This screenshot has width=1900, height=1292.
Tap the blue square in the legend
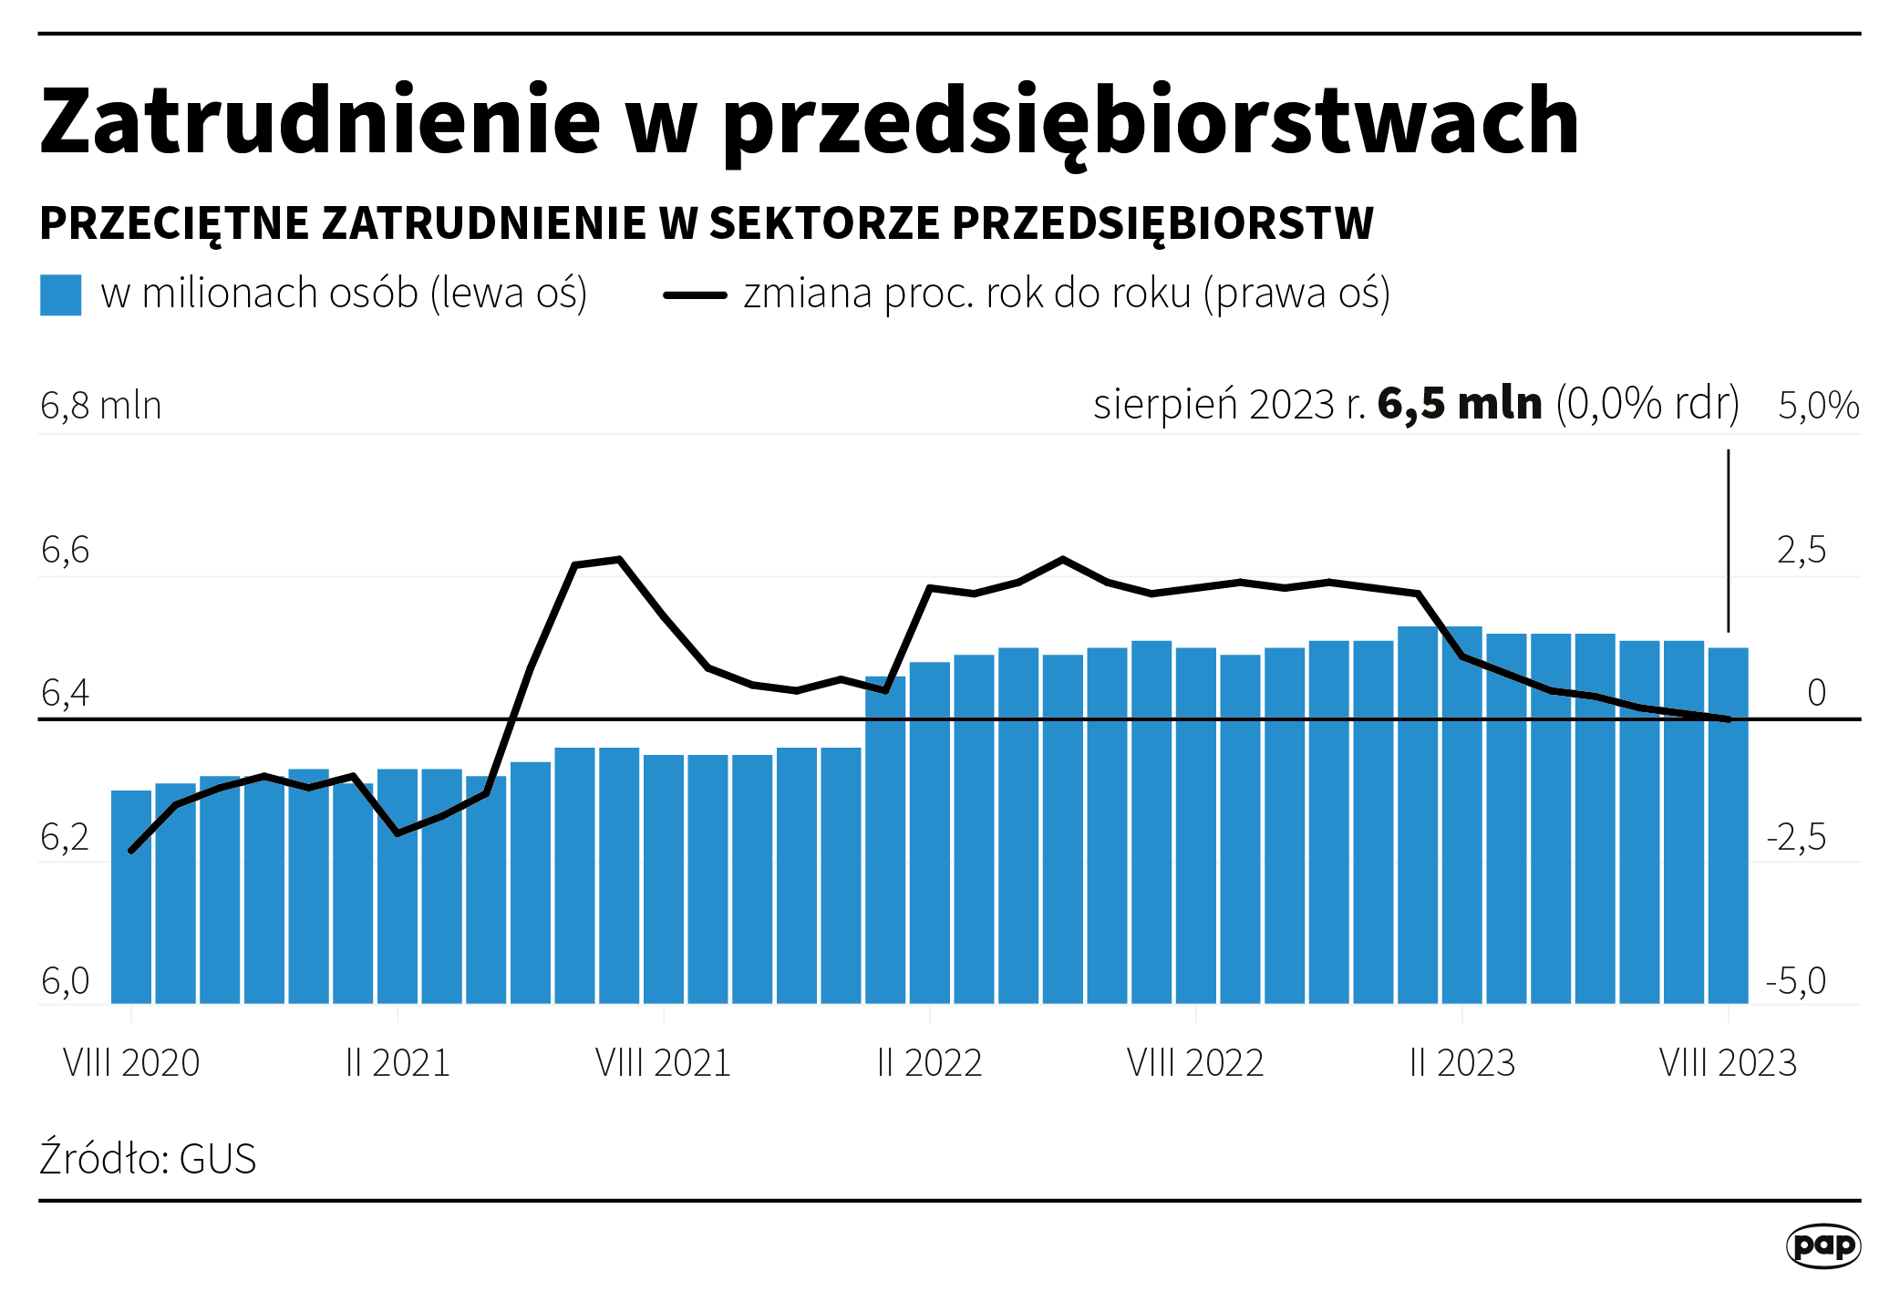tap(61, 295)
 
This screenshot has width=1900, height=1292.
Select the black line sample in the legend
tap(695, 295)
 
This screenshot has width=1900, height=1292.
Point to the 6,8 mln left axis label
tap(101, 406)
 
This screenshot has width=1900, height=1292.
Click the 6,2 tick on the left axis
tap(66, 837)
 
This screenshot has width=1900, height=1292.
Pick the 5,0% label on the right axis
tap(1818, 406)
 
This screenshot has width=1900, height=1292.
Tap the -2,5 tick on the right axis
tap(1796, 837)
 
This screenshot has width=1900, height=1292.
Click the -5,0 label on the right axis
tap(1796, 981)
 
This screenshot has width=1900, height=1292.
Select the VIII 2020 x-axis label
tap(131, 1063)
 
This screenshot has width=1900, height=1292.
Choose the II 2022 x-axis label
tap(929, 1063)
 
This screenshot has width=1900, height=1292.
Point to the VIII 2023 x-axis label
tap(1728, 1063)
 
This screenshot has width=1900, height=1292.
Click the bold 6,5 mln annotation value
tap(1460, 404)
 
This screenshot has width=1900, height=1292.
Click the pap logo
tap(1823, 1245)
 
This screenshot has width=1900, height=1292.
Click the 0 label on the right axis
tap(1816, 693)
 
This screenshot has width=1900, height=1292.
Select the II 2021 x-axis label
tap(398, 1063)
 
